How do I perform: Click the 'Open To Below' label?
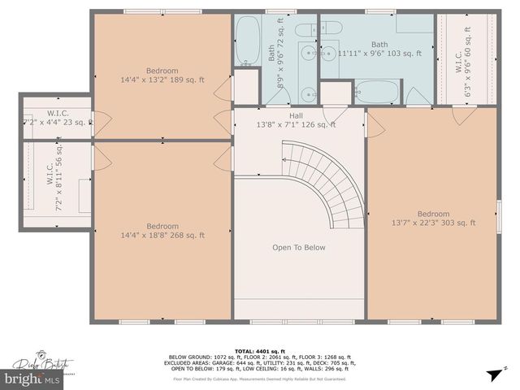298,248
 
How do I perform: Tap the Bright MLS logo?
34,378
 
